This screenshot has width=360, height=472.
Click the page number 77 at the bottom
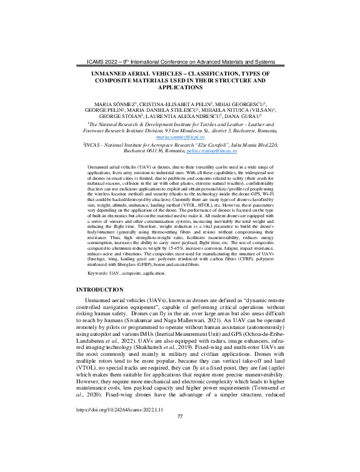point(179,451)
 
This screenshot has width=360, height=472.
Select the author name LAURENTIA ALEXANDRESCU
point(192,116)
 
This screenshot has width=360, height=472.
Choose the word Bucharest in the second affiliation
point(133,152)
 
